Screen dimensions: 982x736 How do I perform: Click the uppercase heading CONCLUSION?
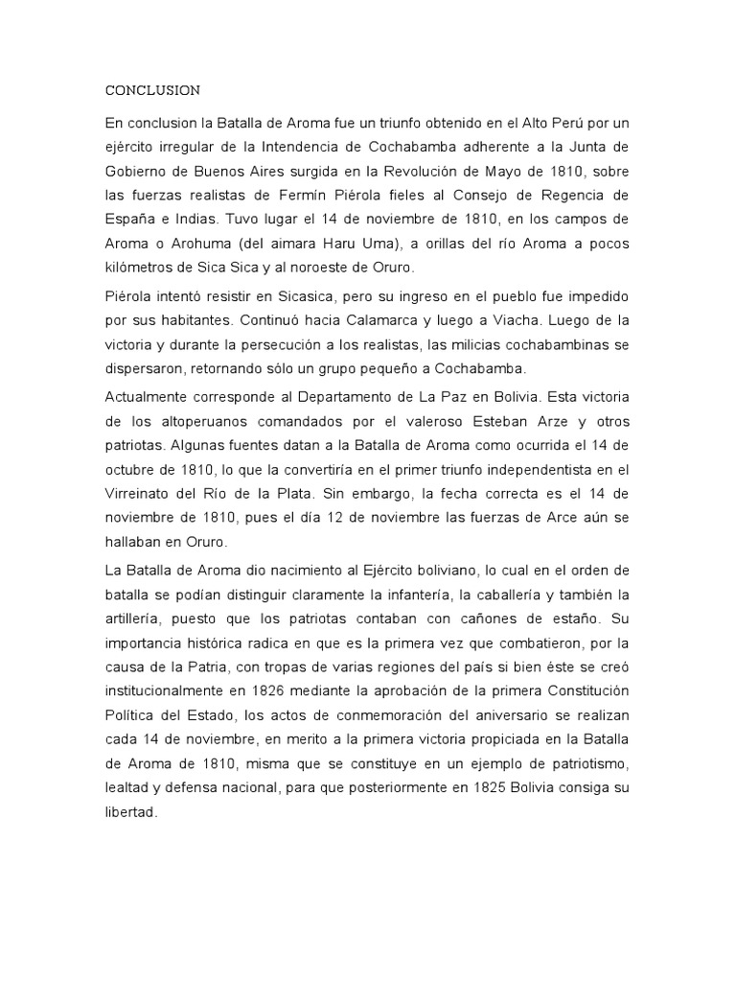tap(152, 91)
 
